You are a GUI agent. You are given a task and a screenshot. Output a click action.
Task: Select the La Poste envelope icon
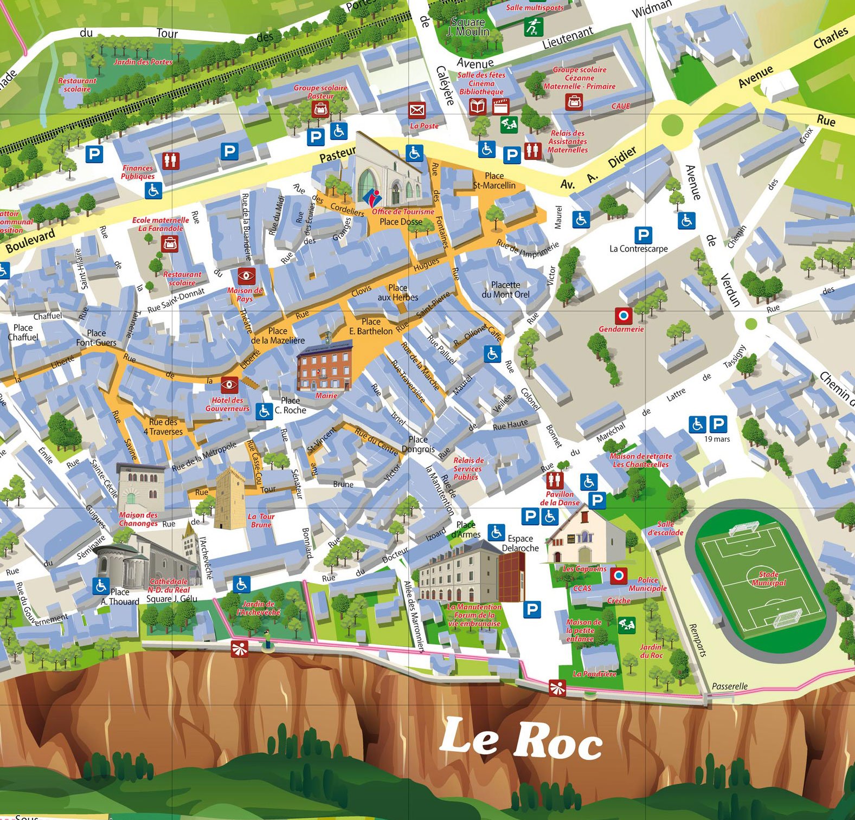coord(417,111)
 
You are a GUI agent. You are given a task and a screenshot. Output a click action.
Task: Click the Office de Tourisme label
coord(402,212)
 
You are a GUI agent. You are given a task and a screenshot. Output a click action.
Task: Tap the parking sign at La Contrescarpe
coord(642,235)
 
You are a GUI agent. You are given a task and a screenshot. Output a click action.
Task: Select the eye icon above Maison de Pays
coord(246,275)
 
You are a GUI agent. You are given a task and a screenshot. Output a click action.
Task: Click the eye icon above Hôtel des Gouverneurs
coord(229,385)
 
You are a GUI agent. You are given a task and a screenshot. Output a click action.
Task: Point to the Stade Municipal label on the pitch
coord(768,578)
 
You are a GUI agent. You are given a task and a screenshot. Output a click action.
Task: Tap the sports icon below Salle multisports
coord(533,27)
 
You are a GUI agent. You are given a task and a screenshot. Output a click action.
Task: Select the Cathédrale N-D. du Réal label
coord(169,585)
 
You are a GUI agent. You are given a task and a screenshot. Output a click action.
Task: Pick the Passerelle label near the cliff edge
coord(729,686)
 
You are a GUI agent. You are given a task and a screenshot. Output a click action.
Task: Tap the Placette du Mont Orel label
coord(505,289)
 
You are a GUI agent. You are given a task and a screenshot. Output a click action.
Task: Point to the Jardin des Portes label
coord(143,62)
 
